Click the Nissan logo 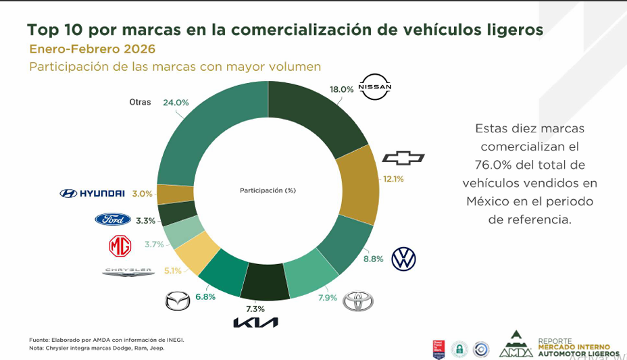pos(375,87)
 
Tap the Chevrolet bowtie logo pos(403,158)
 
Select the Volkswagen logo pos(404,259)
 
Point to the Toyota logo pos(357,301)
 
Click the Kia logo pos(255,323)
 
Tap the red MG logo pos(120,246)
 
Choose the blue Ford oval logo pos(113,220)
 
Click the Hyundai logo pos(93,194)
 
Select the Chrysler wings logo pos(128,272)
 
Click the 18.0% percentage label pos(341,89)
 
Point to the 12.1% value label pos(393,179)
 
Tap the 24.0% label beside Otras pos(176,103)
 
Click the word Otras pos(140,102)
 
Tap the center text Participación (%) pos(268,190)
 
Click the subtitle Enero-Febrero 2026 pos(92,49)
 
